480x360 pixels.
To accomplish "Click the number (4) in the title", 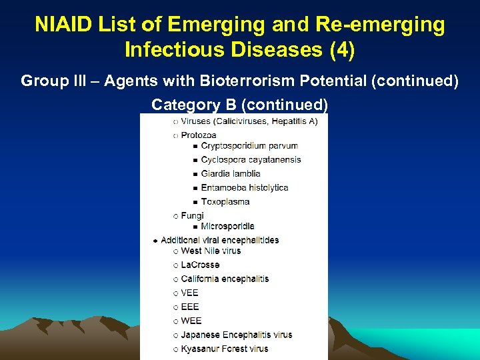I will click(338, 49).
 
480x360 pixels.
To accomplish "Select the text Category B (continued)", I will click(239, 105).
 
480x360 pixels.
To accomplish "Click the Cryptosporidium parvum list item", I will click(249, 146).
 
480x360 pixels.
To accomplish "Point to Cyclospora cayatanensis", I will click(251, 160).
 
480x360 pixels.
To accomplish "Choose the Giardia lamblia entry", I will click(231, 174).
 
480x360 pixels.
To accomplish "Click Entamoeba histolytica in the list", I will click(245, 188).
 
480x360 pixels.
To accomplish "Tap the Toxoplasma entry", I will click(225, 202).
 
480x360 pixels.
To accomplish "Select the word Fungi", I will click(192, 216).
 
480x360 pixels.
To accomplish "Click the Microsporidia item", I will click(227, 227).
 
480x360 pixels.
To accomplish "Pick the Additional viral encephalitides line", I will click(219, 240).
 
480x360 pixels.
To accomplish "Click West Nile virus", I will click(211, 251).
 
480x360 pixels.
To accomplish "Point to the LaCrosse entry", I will click(200, 265).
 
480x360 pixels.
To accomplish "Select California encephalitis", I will click(225, 279).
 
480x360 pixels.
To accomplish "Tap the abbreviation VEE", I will click(190, 293).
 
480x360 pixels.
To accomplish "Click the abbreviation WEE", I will click(191, 321).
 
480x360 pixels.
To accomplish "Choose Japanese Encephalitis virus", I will click(236, 335).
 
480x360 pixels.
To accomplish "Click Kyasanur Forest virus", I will click(224, 349).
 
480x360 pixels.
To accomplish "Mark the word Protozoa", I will click(199, 135).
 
